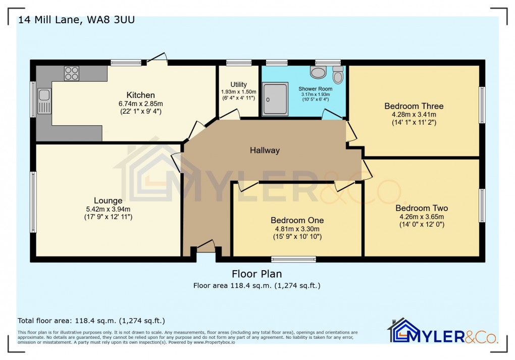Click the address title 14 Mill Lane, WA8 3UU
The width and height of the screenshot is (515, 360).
coord(76,20)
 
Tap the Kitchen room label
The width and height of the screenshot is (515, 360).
coord(140,95)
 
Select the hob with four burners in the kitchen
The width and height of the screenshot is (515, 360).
coord(72,74)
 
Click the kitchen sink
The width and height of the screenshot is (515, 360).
coord(44,101)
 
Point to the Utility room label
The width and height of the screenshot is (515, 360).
coord(238,84)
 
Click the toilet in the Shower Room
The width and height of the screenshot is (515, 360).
coord(338,76)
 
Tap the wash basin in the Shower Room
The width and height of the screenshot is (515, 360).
coord(318,74)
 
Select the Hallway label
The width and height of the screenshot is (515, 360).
coord(265,150)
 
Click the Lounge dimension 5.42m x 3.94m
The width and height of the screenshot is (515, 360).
coord(108,209)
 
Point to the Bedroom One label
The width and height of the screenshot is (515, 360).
coord(297,220)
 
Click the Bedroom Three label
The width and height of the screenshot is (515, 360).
coord(414,106)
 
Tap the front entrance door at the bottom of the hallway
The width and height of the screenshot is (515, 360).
coord(205,247)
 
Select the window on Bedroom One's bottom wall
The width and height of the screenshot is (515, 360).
coord(293,260)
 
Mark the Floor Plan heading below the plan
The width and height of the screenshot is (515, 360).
coord(256,274)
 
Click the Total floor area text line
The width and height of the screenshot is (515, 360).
coord(91,321)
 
